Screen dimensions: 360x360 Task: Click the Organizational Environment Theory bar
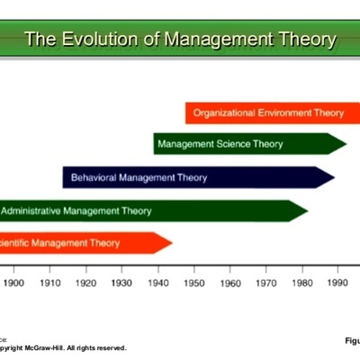[x=270, y=113]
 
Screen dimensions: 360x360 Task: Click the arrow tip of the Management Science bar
[x=341, y=144]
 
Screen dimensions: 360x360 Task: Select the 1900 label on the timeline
[x=13, y=283]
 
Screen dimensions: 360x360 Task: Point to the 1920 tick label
[x=85, y=283]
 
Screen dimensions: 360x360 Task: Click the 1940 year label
[x=157, y=283]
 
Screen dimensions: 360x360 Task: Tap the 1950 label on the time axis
[x=193, y=283]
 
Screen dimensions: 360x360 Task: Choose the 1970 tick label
[x=265, y=283]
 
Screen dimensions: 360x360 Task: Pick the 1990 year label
[x=337, y=283]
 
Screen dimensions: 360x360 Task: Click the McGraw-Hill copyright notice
[x=63, y=347]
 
